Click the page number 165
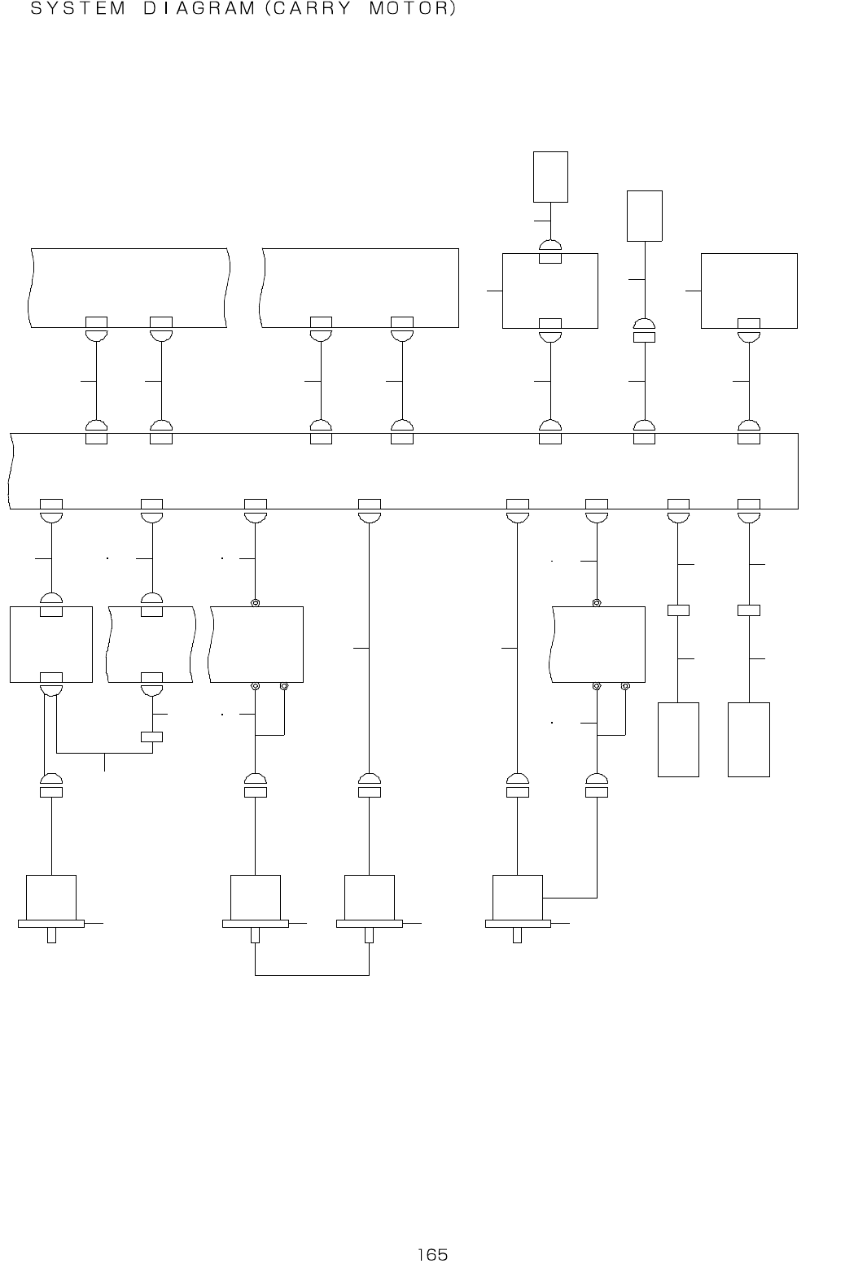(432, 1254)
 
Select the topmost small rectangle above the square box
(550, 177)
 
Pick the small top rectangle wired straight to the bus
(644, 216)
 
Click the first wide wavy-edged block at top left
(129, 287)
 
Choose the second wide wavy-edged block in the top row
(360, 287)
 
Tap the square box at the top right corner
(749, 291)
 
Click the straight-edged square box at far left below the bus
(50, 645)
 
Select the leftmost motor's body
(51, 897)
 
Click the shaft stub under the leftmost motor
(51, 935)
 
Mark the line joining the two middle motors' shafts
(312, 974)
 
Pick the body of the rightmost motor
(518, 897)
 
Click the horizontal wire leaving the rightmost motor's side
(570, 898)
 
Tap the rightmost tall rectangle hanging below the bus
(748, 739)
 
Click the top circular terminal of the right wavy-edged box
(597, 603)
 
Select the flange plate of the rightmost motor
(518, 924)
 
